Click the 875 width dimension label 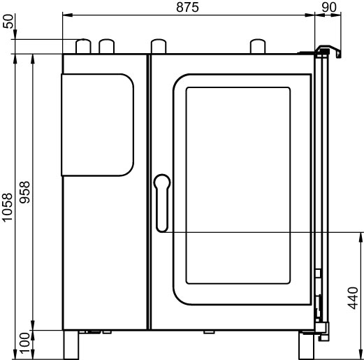(x=187, y=8)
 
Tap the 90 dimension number (x=329, y=8)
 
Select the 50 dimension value (x=8, y=21)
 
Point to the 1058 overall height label (x=8, y=208)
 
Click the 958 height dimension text (x=24, y=192)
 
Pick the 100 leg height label (x=24, y=343)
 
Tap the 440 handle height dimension (x=353, y=298)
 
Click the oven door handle (x=162, y=203)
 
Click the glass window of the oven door (x=238, y=185)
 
